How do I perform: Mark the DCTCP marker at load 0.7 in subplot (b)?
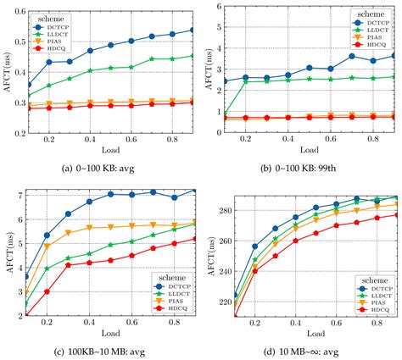point(352,56)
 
